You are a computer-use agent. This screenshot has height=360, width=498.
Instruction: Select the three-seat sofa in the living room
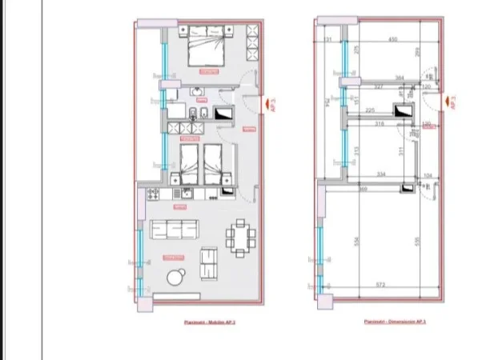[x=174, y=230]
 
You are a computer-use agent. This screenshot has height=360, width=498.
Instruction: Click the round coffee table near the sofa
[x=175, y=278]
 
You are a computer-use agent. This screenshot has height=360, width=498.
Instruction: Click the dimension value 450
[x=393, y=39]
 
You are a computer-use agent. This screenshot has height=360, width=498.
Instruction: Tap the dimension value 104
[x=428, y=174]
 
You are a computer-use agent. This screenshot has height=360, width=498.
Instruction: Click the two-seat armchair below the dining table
[x=208, y=264]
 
